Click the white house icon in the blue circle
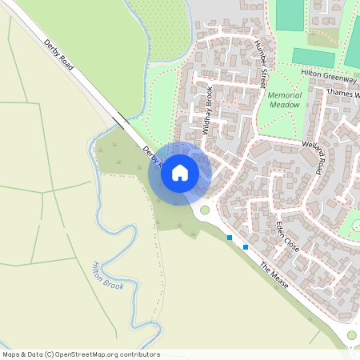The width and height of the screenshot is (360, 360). pos(180,172)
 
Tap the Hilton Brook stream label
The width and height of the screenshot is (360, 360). pos(108,274)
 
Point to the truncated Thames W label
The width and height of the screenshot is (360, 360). pos(344,93)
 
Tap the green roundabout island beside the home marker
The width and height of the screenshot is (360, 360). pos(205,210)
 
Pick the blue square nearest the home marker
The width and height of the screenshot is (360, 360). pos(230,238)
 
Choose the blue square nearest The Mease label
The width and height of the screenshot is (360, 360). pos(246,247)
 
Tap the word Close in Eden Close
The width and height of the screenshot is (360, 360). pos(292,243)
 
